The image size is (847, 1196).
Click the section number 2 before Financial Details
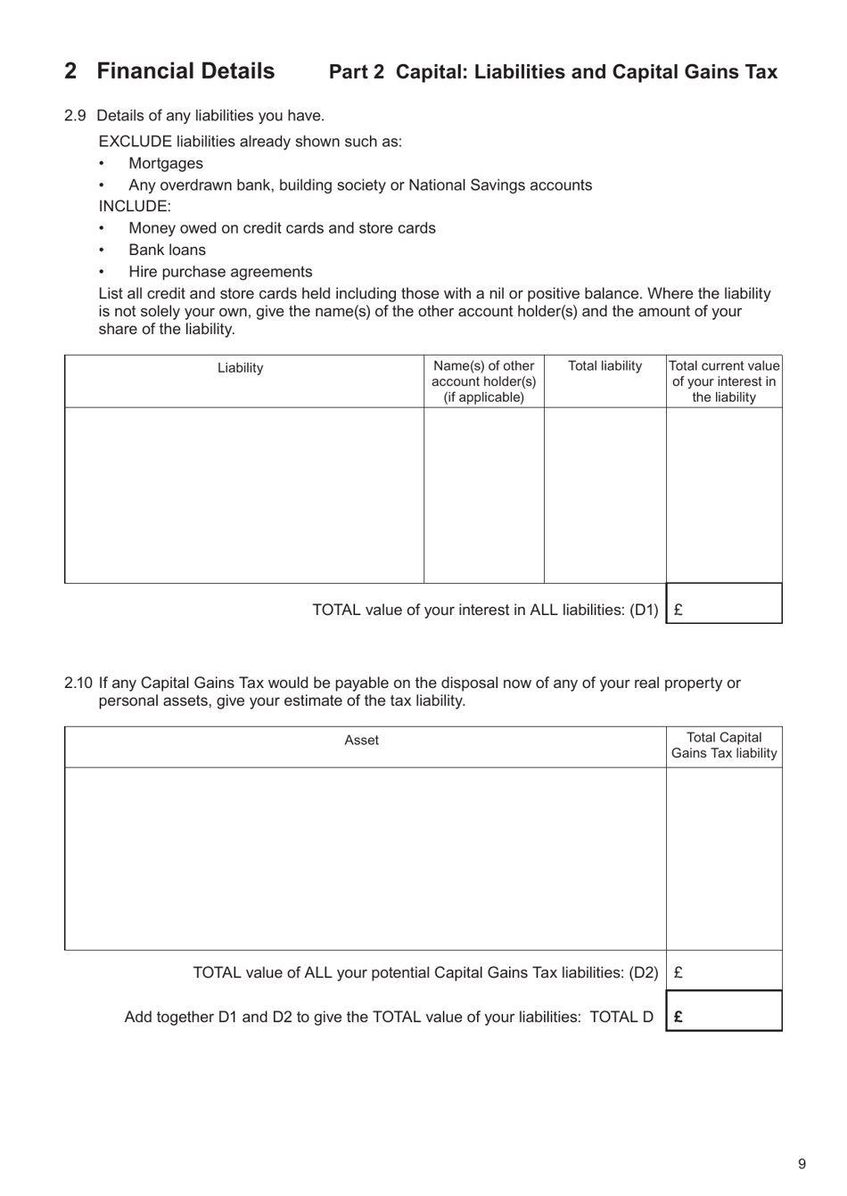[x=70, y=71]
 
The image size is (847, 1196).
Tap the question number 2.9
[x=75, y=116]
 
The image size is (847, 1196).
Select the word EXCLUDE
[x=135, y=142]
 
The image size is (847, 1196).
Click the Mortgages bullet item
[x=165, y=163]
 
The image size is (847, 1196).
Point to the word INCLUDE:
[x=135, y=207]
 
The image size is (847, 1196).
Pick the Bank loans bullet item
[x=167, y=250]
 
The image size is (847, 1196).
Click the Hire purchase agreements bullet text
[x=220, y=272]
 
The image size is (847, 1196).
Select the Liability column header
[x=240, y=368]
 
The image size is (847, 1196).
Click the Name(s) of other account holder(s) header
[x=483, y=381]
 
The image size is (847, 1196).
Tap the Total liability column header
[x=604, y=366]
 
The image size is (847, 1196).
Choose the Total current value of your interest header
[x=724, y=381]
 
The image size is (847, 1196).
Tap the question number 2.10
[x=78, y=684]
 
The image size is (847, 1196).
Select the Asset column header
[x=361, y=741]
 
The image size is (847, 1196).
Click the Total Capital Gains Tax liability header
[x=724, y=746]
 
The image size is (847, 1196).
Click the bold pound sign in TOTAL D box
[x=678, y=1017]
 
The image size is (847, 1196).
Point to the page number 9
[x=802, y=1164]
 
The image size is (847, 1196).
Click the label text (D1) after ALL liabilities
[x=644, y=610]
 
